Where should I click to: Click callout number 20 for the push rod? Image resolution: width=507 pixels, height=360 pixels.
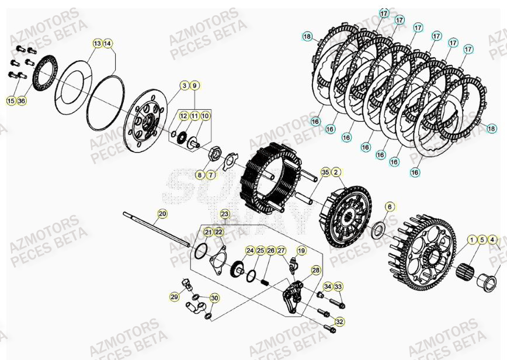[x=162, y=214]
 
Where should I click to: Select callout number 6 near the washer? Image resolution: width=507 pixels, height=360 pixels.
[x=390, y=206]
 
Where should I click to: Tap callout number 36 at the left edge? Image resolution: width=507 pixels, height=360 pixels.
[x=22, y=101]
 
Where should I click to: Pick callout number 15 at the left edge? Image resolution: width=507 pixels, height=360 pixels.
[x=11, y=101]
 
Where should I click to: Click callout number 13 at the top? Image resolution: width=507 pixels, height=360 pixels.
[x=97, y=43]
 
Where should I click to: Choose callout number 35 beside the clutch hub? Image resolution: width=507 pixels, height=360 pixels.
[x=325, y=172]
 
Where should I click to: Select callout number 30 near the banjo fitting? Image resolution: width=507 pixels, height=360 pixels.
[x=214, y=298]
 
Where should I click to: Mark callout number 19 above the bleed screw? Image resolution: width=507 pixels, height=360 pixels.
[x=301, y=251]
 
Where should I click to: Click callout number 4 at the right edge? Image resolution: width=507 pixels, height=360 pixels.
[x=492, y=240]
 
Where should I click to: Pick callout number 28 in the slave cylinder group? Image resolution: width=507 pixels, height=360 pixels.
[x=315, y=270]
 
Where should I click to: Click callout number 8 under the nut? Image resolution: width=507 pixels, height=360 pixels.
[x=200, y=175]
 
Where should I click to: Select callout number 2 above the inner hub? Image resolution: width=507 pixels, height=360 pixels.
[x=336, y=172]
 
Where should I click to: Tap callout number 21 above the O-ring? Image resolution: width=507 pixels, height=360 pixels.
[x=208, y=233]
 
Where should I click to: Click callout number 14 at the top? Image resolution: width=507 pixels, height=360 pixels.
[x=108, y=43]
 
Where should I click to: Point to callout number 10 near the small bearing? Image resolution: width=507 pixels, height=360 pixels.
[x=205, y=116]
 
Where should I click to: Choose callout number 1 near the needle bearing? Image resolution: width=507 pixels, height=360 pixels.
[x=471, y=240]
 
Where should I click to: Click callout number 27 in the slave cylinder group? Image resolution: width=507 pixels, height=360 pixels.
[x=281, y=251]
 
